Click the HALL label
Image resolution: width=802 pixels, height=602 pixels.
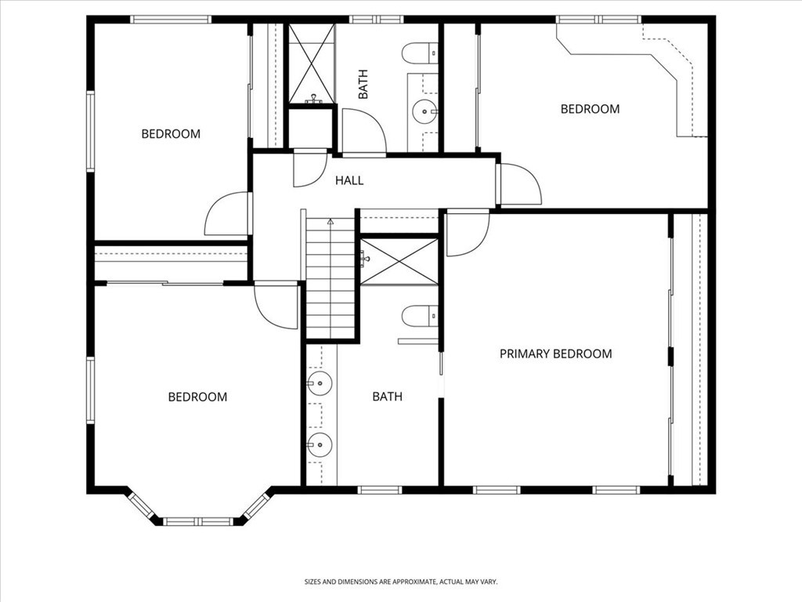pos(349,180)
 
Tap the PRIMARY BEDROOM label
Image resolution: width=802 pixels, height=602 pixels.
pos(555,354)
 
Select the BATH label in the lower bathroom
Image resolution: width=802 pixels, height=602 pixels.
pos(387,396)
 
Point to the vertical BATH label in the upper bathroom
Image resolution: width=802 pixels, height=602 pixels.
pos(363,85)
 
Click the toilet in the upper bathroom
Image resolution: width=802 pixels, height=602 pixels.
pos(420,53)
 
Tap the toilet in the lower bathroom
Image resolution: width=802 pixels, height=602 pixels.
pos(420,316)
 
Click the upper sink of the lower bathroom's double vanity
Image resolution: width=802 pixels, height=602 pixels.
pos(320,383)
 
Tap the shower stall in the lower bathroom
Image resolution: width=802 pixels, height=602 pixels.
pos(399,262)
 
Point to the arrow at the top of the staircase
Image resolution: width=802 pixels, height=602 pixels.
pos(331,222)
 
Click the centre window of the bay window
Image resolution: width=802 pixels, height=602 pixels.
pos(198,521)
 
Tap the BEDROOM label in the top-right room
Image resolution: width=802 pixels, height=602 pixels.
pos(590,109)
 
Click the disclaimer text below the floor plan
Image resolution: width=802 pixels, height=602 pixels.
pos(401,582)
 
